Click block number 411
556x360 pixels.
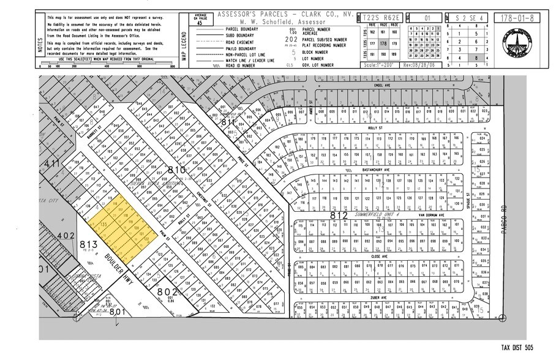pyautogui.click(x=53, y=165)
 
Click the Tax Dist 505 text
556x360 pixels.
pyautogui.click(x=517, y=348)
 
